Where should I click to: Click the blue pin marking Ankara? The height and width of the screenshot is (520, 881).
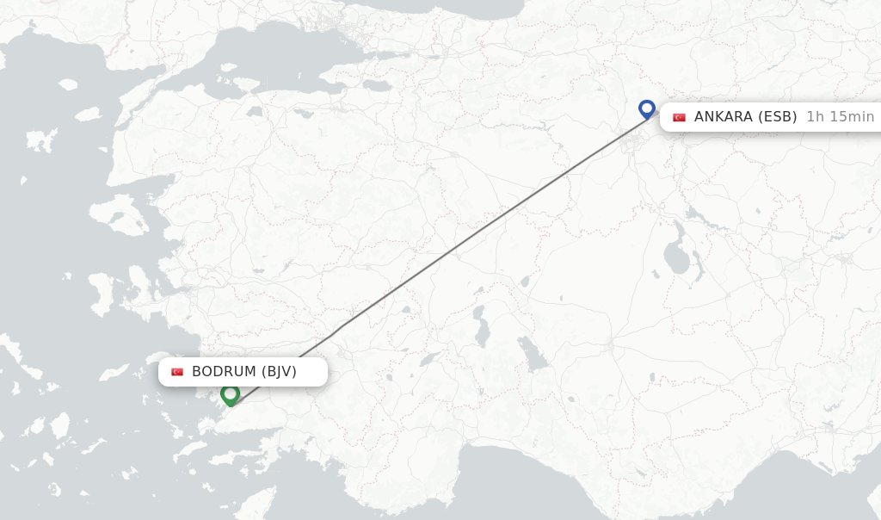pyautogui.click(x=647, y=109)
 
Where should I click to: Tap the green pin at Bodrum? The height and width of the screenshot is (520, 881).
pyautogui.click(x=230, y=394)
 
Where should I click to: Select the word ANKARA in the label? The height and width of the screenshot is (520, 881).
pyautogui.click(x=724, y=116)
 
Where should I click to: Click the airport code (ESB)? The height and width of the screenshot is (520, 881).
pyautogui.click(x=777, y=116)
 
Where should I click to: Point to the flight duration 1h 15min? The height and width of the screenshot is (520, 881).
pyautogui.click(x=840, y=116)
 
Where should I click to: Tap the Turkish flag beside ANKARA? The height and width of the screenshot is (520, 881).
pyautogui.click(x=679, y=117)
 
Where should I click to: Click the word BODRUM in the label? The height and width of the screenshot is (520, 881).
pyautogui.click(x=224, y=372)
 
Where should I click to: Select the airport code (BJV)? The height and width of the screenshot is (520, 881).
pyautogui.click(x=279, y=372)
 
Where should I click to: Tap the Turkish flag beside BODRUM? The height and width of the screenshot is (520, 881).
pyautogui.click(x=177, y=372)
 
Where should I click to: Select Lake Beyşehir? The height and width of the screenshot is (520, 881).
pyautogui.click(x=533, y=353)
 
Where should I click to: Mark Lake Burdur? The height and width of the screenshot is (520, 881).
pyautogui.click(x=428, y=359)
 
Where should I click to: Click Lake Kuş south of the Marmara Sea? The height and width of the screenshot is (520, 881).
pyautogui.click(x=255, y=111)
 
